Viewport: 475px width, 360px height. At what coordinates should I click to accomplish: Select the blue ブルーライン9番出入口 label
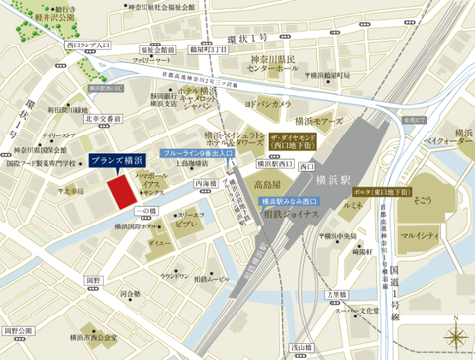[195, 155]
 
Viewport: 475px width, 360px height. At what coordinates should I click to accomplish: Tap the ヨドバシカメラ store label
[267, 104]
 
